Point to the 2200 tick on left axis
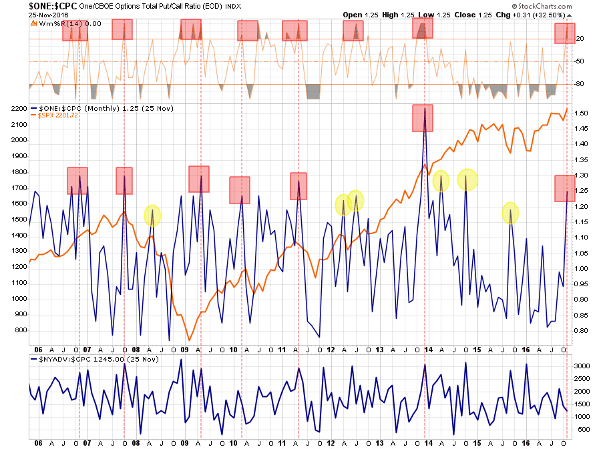point(19,108)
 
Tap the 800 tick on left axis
point(19,330)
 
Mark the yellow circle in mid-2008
point(152,215)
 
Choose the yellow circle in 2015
point(511,213)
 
